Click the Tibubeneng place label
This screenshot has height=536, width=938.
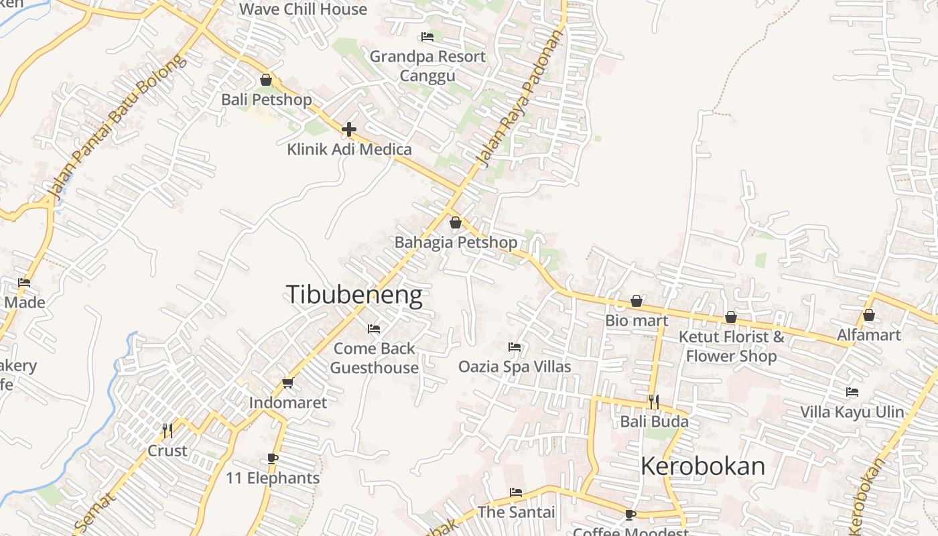pyautogui.click(x=354, y=295)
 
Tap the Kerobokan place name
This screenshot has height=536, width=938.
pyautogui.click(x=702, y=466)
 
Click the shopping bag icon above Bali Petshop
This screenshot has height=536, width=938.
pyautogui.click(x=266, y=80)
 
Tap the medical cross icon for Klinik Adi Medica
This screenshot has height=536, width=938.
pyautogui.click(x=348, y=129)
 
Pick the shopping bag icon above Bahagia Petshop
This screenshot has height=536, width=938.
pyautogui.click(x=456, y=222)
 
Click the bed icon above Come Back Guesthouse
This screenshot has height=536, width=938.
pyautogui.click(x=374, y=328)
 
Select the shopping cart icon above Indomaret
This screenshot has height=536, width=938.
pyautogui.click(x=288, y=383)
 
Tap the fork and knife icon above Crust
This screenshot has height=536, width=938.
pyautogui.click(x=167, y=430)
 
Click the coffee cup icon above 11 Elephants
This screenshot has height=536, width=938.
pyautogui.click(x=272, y=458)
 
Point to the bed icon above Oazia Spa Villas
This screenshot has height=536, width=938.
pyautogui.click(x=515, y=346)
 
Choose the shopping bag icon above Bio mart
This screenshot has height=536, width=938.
pyautogui.click(x=636, y=301)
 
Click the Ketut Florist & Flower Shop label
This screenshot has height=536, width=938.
pyautogui.click(x=731, y=346)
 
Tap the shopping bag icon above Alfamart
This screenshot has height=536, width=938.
pyautogui.click(x=869, y=314)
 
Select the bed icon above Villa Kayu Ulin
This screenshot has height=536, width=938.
pyautogui.click(x=852, y=392)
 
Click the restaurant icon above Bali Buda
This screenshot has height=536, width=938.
pyautogui.click(x=654, y=401)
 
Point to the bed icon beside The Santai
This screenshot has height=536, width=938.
pyautogui.click(x=516, y=492)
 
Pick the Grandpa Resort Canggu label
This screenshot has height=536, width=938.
pyautogui.click(x=427, y=66)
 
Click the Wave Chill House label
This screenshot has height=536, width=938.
pyautogui.click(x=303, y=9)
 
